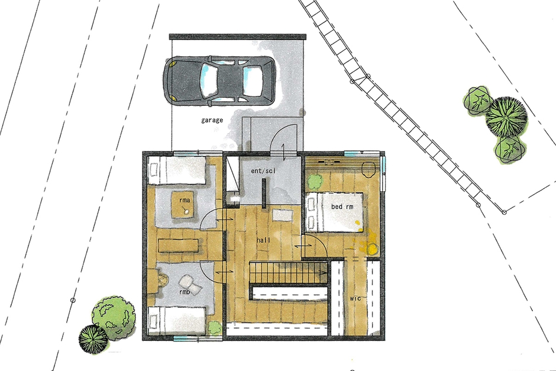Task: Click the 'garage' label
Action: point(212,120)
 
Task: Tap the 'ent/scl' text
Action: point(263,171)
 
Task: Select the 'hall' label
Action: point(263,240)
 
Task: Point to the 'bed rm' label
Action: point(342,207)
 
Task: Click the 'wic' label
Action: point(355,299)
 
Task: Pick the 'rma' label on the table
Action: point(185,201)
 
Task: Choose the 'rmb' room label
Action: point(185,292)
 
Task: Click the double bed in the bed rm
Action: point(334,212)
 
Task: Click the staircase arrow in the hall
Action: point(288,272)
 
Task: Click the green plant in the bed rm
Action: point(315,182)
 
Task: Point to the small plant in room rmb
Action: point(214,327)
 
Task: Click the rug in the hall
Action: point(283,215)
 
